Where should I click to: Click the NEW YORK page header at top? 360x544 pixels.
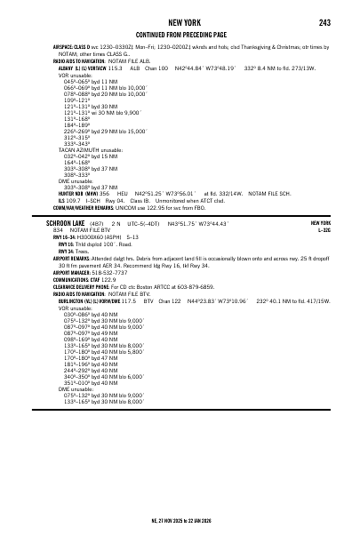pos(180,22)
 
